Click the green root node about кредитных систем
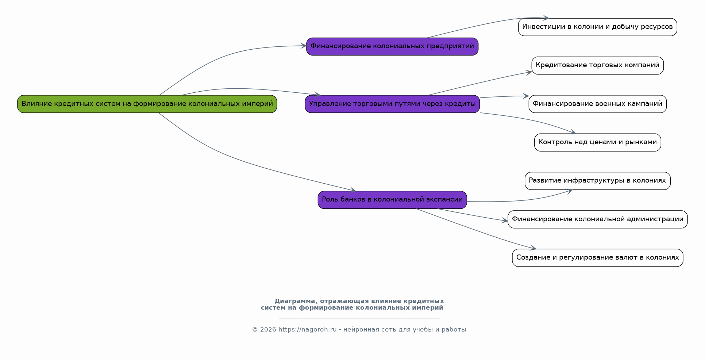[x=147, y=104]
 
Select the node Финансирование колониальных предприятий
[x=392, y=46]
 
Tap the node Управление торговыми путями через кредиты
[x=392, y=104]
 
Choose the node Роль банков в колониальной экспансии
[x=392, y=200]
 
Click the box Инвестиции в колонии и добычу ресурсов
[x=598, y=27]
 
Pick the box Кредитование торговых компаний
[x=598, y=65]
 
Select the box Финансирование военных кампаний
[x=598, y=104]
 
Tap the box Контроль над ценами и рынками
[x=598, y=142]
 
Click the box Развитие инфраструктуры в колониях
[x=598, y=181]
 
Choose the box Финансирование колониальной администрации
[x=598, y=219]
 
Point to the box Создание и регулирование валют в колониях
[x=598, y=258]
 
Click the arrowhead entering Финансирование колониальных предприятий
[x=304, y=46]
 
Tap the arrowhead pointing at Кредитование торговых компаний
[x=529, y=72]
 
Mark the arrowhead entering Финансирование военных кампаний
[x=526, y=96]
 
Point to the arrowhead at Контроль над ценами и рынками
[x=573, y=132]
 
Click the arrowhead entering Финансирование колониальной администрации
[x=505, y=221]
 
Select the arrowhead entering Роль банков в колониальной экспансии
[x=353, y=189]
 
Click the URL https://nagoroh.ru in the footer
[x=308, y=330]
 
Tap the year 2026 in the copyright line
[x=268, y=330]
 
